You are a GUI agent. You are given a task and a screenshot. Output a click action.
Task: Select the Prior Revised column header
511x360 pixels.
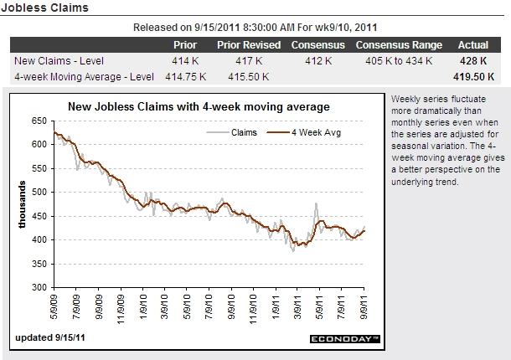pyautogui.click(x=248, y=44)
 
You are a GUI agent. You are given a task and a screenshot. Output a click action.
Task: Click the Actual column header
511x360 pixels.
pyautogui.click(x=473, y=44)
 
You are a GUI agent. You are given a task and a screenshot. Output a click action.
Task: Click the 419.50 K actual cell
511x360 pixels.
pyautogui.click(x=473, y=76)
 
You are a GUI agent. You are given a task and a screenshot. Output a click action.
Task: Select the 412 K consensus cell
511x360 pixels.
pyautogui.click(x=318, y=60)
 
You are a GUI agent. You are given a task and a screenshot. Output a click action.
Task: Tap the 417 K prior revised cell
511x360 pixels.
pyautogui.click(x=248, y=60)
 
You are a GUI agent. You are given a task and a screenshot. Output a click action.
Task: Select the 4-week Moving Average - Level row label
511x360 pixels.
pyautogui.click(x=83, y=76)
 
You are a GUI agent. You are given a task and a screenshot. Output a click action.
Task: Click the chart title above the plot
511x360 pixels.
pyautogui.click(x=199, y=106)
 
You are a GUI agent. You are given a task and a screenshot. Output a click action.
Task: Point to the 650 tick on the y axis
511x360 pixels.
pyautogui.click(x=39, y=121)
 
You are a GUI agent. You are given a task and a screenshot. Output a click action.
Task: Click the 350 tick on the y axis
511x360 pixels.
pyautogui.click(x=39, y=264)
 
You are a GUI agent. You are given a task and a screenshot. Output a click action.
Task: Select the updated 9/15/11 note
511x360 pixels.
pyautogui.click(x=49, y=338)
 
